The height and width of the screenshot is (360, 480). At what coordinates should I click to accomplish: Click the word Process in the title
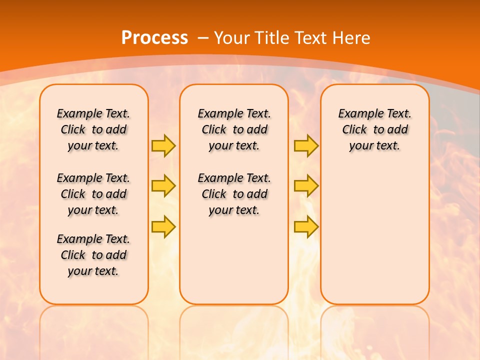coord(154,38)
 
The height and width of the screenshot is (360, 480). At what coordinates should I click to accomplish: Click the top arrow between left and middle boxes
coord(163,146)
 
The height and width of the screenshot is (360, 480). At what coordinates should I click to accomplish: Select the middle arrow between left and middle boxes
coord(163,186)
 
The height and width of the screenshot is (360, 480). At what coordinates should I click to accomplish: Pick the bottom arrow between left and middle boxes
coord(163,226)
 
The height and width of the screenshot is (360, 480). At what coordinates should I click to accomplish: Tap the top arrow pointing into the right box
coord(306,146)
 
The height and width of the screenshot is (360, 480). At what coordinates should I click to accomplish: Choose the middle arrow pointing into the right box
coord(306,186)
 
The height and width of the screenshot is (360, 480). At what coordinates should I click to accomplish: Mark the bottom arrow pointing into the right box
coord(306,226)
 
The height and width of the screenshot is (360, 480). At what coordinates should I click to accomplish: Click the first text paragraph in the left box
coord(93,129)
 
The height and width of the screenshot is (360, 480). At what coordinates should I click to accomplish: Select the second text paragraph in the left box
coord(93,194)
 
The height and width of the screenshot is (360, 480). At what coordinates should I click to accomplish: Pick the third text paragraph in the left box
coord(93,255)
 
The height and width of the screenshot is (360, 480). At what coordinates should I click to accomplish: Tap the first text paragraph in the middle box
coord(234,129)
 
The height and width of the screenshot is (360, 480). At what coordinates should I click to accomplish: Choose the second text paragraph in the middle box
coord(234,194)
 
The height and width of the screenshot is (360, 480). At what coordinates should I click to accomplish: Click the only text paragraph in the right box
coord(374,129)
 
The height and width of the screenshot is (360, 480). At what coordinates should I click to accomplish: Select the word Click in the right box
coord(354,130)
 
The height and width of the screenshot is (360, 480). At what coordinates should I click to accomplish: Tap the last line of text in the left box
coord(93,271)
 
